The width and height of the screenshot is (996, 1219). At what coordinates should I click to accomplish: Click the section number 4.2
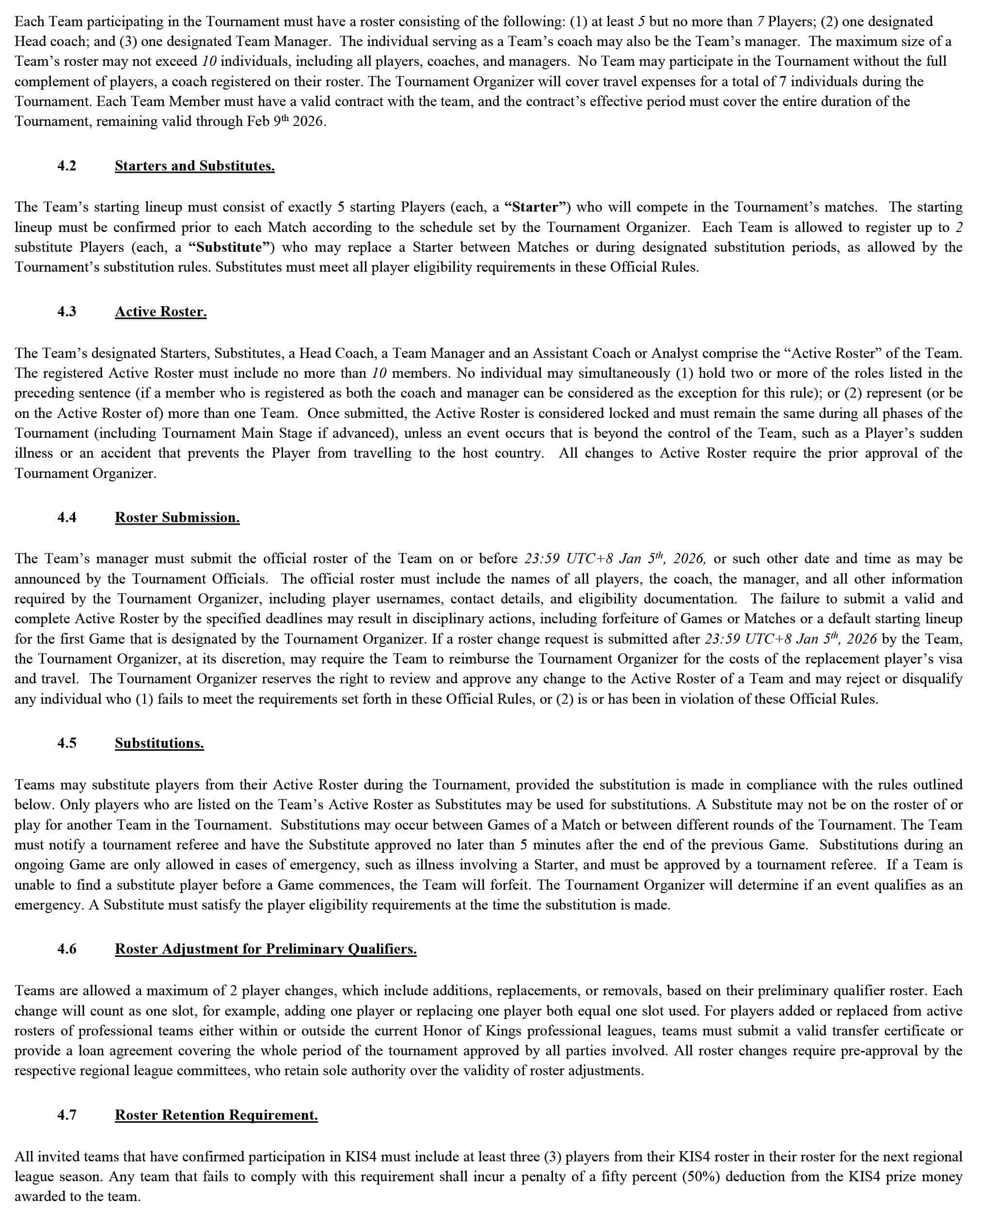(x=66, y=166)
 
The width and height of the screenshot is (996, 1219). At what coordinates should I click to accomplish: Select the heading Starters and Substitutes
(x=194, y=166)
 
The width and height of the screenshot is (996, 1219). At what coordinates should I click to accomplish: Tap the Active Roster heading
(x=160, y=311)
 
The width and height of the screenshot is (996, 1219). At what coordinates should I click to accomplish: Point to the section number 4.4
(x=66, y=517)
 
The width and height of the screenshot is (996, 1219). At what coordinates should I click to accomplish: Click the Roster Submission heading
(x=177, y=517)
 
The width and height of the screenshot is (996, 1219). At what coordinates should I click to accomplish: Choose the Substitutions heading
(x=159, y=742)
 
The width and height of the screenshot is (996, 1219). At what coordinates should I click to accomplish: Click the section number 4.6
(x=66, y=948)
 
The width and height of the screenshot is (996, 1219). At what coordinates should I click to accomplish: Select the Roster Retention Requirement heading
(x=216, y=1115)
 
